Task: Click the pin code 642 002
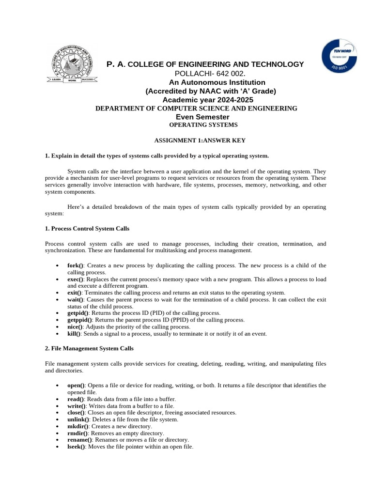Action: [x=231, y=74]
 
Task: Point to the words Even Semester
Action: [x=202, y=117]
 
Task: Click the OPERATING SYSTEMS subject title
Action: [x=200, y=125]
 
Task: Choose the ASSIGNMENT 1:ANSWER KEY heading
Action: [x=200, y=140]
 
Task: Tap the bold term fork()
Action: [x=76, y=265]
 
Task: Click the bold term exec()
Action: [x=76, y=279]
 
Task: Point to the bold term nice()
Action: [x=75, y=327]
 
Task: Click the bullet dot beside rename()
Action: [x=58, y=440]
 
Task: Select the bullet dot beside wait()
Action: [x=58, y=300]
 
